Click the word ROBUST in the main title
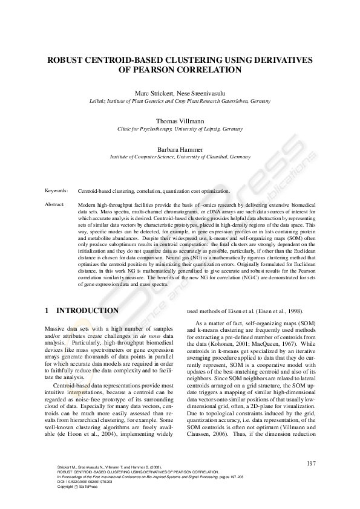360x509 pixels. pyautogui.click(x=68, y=60)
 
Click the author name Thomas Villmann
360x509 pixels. pyautogui.click(x=180, y=121)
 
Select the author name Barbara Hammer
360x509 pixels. pyautogui.click(x=180, y=148)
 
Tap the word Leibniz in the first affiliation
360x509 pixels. pyautogui.click(x=99, y=101)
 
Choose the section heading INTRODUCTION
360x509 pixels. pyautogui.click(x=87, y=311)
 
